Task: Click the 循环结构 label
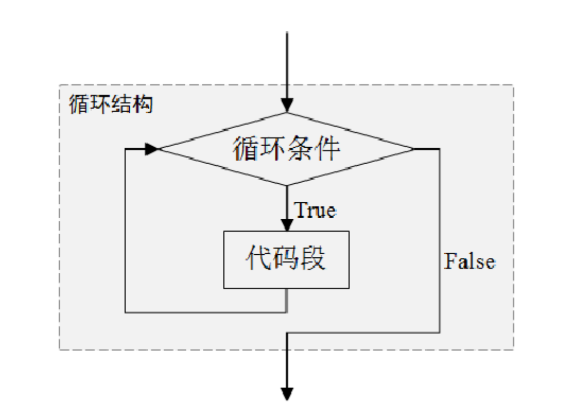(111, 105)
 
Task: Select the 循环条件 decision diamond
(286, 149)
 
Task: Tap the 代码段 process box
(286, 260)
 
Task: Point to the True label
(315, 210)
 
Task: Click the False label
(469, 262)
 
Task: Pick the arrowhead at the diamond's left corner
(152, 149)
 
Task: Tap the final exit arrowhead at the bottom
(286, 394)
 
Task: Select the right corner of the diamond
(413, 149)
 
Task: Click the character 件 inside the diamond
(327, 149)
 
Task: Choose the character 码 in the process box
(286, 260)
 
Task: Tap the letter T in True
(300, 210)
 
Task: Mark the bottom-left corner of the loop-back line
(125, 312)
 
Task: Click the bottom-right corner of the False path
(440, 333)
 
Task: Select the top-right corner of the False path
(440, 149)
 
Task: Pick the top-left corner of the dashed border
(59, 85)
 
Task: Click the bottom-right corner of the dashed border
(514, 350)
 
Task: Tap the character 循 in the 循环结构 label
(79, 105)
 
